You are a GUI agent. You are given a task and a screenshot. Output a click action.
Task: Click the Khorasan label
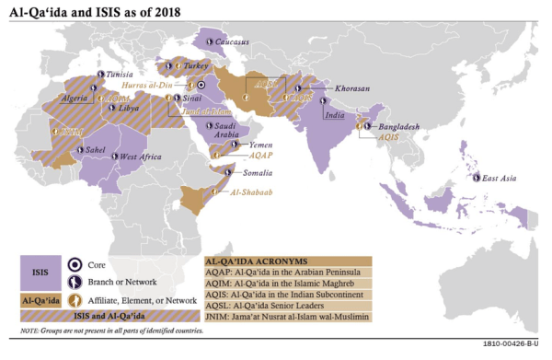pyautogui.click(x=351, y=88)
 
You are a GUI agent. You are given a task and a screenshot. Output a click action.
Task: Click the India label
pyautogui.click(x=333, y=115)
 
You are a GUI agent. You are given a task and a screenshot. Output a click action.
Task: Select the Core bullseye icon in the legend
pyautogui.click(x=79, y=263)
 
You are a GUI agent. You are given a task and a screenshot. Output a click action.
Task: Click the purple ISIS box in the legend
pyautogui.click(x=40, y=272)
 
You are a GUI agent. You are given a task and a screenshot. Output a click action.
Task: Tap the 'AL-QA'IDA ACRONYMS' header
pyautogui.click(x=261, y=261)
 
